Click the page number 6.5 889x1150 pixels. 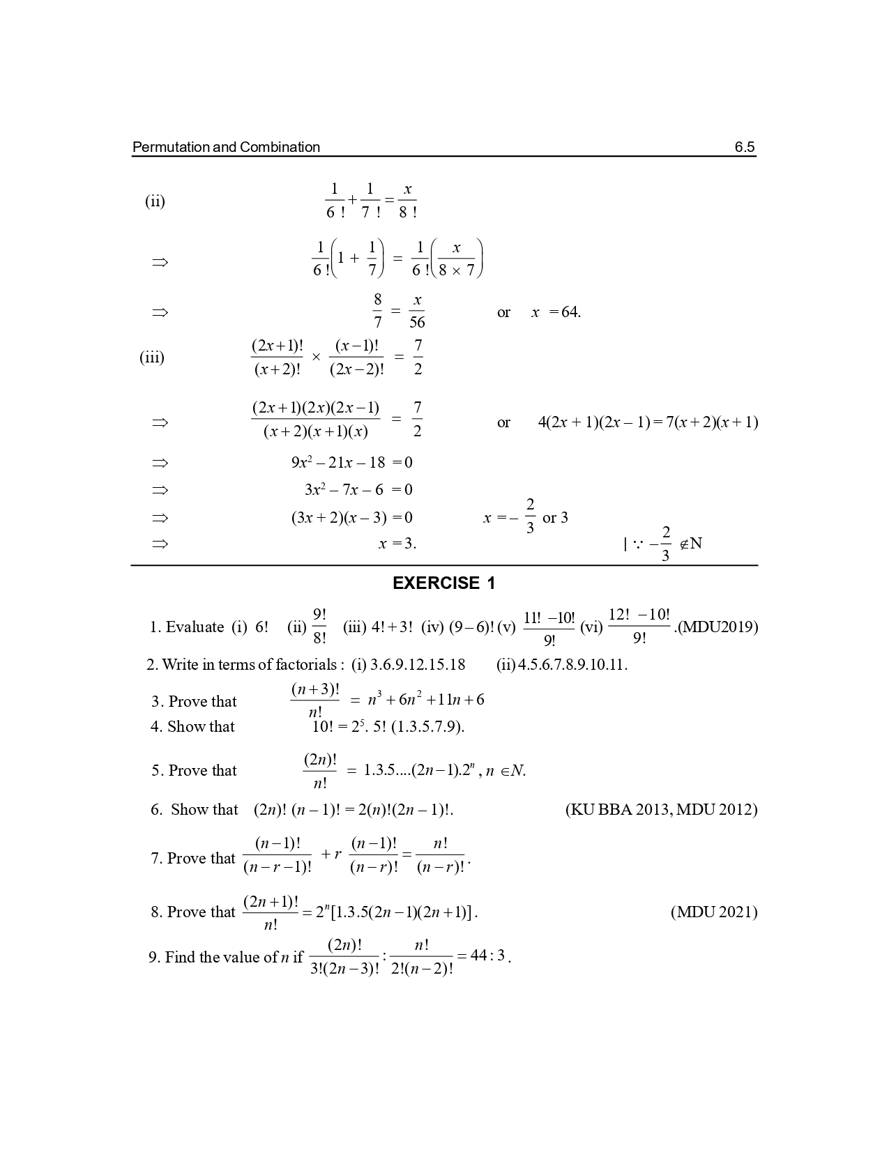(x=744, y=147)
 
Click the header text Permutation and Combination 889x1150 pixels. (x=226, y=147)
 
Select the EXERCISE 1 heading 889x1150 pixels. (x=443, y=583)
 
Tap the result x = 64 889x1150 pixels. (x=556, y=312)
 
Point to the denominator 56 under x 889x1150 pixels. (x=417, y=323)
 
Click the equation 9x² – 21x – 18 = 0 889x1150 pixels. (x=351, y=462)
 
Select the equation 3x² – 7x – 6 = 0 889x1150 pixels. (x=358, y=490)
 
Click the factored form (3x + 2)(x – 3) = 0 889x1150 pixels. (x=351, y=518)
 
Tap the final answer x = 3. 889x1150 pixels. (x=397, y=544)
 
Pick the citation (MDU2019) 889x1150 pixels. (x=717, y=627)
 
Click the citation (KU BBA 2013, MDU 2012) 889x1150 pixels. (x=660, y=809)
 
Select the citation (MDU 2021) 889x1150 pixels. (x=714, y=912)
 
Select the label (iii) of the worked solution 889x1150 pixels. (x=152, y=358)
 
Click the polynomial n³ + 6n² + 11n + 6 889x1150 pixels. (x=426, y=700)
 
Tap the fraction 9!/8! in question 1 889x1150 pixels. (x=319, y=627)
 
